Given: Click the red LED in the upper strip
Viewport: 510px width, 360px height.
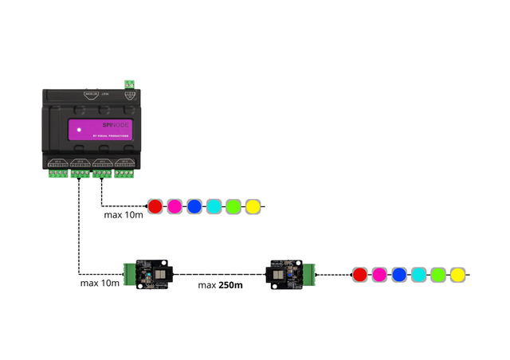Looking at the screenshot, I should click(x=155, y=207).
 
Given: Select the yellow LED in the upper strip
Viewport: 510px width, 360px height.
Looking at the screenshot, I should click(x=253, y=207).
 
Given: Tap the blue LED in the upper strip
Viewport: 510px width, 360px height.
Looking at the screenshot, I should click(x=194, y=207).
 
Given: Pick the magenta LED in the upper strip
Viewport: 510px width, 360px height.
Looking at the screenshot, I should click(x=175, y=207).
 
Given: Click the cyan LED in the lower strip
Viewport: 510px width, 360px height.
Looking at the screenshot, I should click(x=418, y=275).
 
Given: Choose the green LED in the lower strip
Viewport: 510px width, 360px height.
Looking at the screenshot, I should click(x=437, y=275).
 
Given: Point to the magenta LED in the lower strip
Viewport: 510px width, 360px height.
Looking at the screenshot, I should click(x=379, y=275).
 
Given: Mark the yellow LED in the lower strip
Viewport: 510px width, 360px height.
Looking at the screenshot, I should click(x=457, y=275).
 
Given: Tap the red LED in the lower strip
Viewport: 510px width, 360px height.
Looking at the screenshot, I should click(x=359, y=275).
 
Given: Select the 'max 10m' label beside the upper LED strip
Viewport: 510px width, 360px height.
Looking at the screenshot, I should click(x=124, y=215).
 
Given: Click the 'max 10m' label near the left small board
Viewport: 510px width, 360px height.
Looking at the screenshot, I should click(x=100, y=283).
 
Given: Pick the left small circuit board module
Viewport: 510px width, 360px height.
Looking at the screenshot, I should click(x=153, y=274).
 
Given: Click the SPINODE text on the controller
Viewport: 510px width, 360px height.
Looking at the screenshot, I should click(x=117, y=126).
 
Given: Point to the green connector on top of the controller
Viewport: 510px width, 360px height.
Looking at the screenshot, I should click(x=129, y=84).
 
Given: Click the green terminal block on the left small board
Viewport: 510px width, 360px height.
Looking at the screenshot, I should click(x=129, y=274).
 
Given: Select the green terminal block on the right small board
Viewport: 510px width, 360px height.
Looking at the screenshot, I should click(x=312, y=274).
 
